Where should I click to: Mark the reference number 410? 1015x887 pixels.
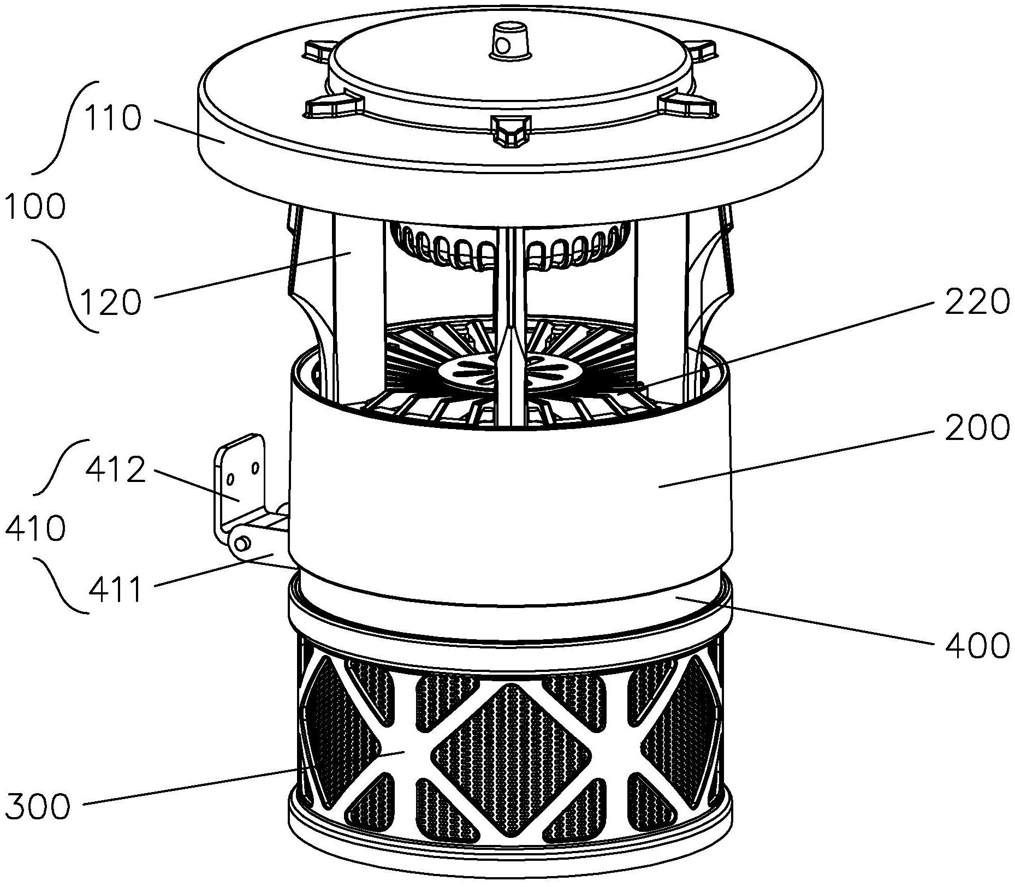(x=35, y=528)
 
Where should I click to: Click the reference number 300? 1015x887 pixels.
(x=38, y=806)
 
